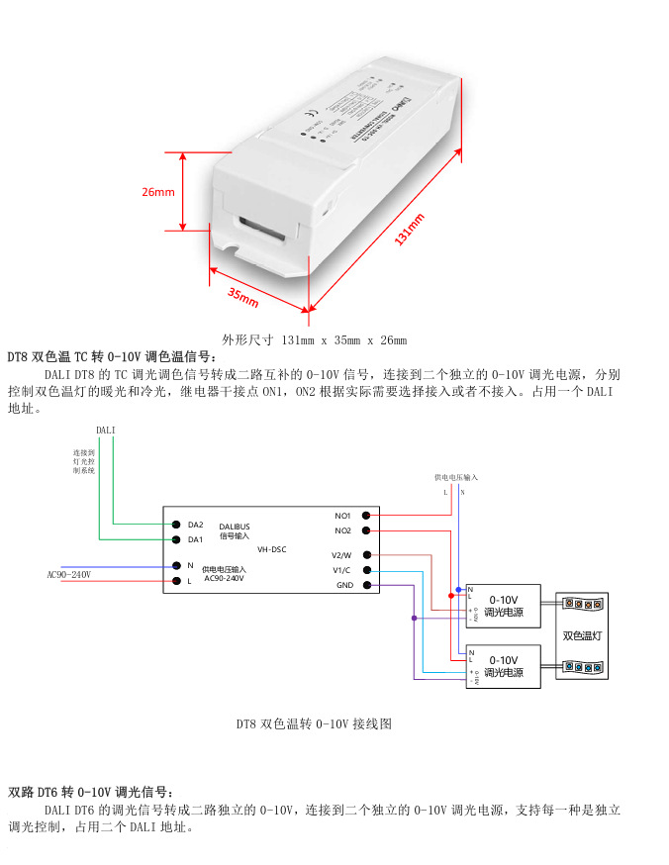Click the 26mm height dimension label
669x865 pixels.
(x=158, y=192)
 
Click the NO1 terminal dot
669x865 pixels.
(x=367, y=516)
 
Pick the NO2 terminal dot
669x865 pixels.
(x=367, y=531)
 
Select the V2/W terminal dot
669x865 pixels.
(x=367, y=555)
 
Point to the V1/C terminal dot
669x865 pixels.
(x=367, y=570)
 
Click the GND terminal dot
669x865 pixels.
(x=367, y=586)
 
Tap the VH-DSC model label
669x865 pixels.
(x=271, y=547)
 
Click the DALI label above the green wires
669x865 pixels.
(x=106, y=431)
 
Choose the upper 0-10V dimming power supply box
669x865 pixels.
(x=503, y=606)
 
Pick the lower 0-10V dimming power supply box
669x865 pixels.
(x=503, y=666)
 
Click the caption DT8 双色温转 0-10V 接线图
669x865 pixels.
(x=314, y=724)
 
